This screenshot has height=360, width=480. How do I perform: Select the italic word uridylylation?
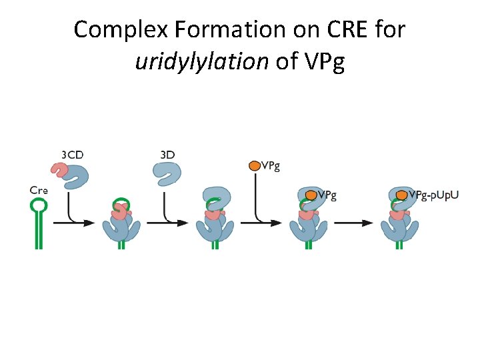coord(200,61)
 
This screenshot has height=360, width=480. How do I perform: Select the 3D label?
coord(167,155)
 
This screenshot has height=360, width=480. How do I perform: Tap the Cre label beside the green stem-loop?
coord(39,189)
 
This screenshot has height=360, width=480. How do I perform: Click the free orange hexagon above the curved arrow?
coord(254,165)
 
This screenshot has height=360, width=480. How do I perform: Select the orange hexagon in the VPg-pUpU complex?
coord(401,195)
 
